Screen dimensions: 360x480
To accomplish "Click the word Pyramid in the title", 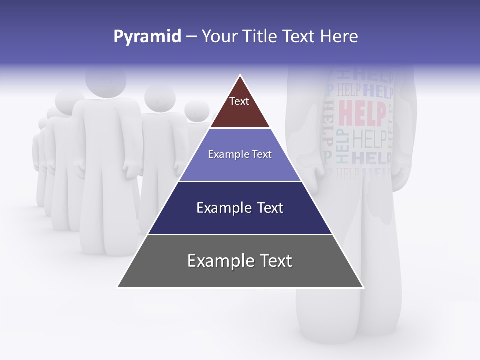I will coord(147,37).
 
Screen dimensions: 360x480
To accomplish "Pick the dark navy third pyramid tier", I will coord(240,220).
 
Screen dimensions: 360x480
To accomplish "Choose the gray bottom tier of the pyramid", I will coord(240,272).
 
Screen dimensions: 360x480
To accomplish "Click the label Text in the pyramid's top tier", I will coord(239,101).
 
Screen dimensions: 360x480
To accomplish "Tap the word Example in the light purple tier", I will coord(224,155).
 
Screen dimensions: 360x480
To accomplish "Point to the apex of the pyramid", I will coord(240,76).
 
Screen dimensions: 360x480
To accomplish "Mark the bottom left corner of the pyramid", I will coord(118,287).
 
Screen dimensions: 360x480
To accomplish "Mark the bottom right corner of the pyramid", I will coord(363,287).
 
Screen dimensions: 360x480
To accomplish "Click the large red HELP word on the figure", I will coord(362,114).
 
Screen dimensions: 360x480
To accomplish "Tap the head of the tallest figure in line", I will coord(105,80).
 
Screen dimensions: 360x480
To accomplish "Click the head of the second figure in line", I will coord(160,97).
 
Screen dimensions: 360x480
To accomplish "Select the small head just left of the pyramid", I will coord(197,110).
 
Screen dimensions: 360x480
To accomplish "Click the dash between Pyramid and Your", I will coord(191,37).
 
